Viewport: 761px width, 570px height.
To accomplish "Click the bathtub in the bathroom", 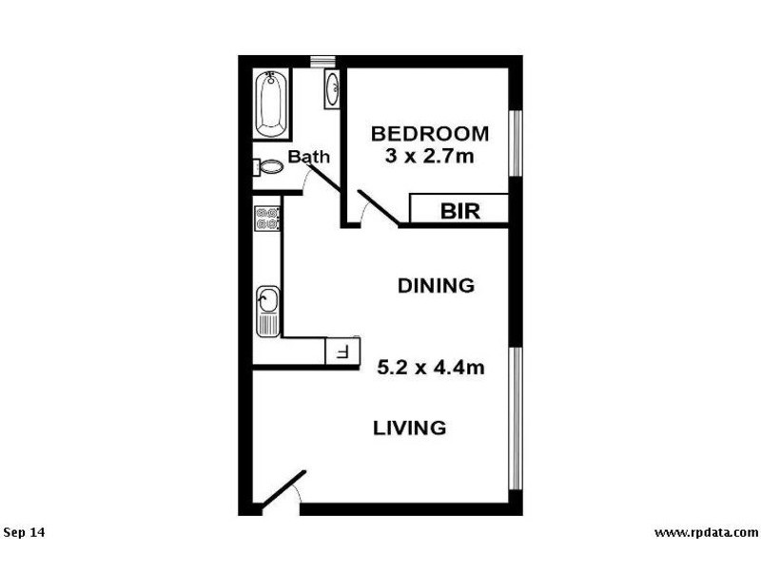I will [271, 103].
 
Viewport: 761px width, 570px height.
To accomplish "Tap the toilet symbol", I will [268, 167].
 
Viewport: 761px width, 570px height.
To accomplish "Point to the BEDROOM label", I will [430, 133].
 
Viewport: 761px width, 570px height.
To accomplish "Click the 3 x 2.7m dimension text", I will [430, 156].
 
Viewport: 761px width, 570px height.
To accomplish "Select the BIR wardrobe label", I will [459, 210].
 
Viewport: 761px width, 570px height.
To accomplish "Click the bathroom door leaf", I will [323, 178].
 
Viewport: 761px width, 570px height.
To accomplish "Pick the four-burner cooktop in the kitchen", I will [267, 219].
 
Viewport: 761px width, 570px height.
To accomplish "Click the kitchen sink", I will [267, 304].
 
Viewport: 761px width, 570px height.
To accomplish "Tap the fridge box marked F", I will [343, 353].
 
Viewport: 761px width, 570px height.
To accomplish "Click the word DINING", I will [436, 285].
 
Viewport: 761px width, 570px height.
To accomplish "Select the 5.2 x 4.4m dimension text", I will [432, 366].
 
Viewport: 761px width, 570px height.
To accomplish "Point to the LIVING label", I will [409, 427].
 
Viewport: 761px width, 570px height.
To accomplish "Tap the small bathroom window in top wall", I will [323, 62].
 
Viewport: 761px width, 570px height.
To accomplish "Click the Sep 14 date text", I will [25, 532].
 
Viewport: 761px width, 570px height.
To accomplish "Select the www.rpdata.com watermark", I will [706, 532].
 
